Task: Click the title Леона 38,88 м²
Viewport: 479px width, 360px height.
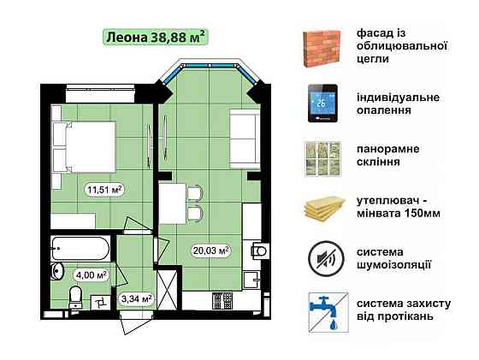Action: (x=155, y=37)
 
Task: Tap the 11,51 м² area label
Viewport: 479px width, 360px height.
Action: (x=104, y=190)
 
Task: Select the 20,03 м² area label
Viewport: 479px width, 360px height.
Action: (x=210, y=251)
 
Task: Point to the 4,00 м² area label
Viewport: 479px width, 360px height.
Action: (x=90, y=275)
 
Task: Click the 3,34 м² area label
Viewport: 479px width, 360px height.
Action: (x=136, y=298)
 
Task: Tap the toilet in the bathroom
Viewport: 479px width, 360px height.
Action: (x=75, y=296)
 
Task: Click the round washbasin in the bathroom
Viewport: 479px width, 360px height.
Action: (x=57, y=271)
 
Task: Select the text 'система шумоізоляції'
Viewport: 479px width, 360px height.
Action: (x=394, y=257)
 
